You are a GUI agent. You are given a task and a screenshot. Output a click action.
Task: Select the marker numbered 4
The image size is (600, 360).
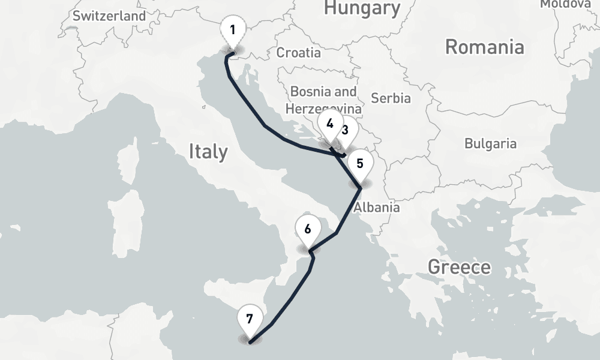(329, 125)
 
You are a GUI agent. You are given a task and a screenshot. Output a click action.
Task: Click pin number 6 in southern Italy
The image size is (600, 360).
(308, 229)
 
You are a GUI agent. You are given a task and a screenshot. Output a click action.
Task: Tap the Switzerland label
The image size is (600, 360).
(109, 16)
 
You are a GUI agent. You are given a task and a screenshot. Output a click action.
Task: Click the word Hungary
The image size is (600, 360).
(362, 8)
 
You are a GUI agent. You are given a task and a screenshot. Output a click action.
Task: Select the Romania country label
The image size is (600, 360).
(484, 47)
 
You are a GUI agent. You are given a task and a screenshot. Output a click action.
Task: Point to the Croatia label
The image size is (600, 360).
(298, 52)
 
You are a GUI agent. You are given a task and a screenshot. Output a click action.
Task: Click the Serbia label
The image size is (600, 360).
(391, 97)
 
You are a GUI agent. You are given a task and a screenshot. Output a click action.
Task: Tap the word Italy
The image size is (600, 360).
(208, 151)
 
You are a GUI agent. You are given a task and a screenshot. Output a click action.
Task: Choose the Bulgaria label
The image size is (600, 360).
(490, 143)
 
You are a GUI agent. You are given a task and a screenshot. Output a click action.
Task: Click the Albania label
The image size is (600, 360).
(377, 208)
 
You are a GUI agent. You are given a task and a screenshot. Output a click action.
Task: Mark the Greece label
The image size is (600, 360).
(459, 267)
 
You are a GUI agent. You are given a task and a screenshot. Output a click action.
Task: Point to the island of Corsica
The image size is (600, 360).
(127, 162)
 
